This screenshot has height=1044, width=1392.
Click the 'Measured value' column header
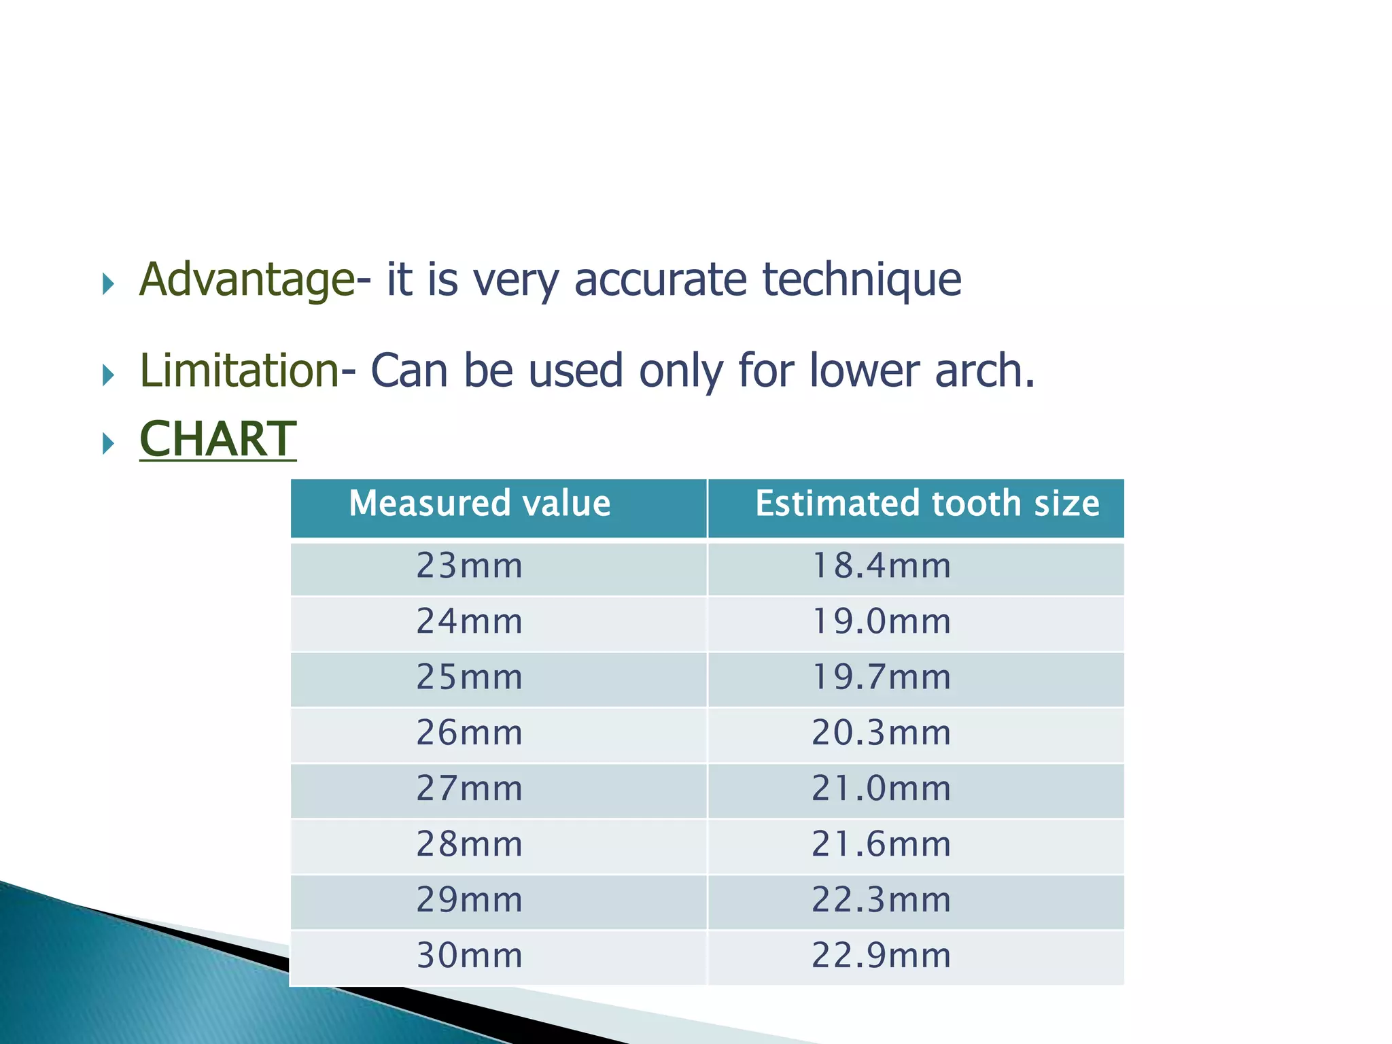[x=479, y=504]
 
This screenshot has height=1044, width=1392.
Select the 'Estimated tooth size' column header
[x=927, y=504]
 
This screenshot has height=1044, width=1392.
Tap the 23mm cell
[x=470, y=566]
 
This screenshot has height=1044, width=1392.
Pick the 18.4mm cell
[x=882, y=566]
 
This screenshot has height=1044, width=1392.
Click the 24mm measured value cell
[x=470, y=622]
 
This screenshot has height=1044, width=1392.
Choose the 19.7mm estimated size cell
[x=882, y=678]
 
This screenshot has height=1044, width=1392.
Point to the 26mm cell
[x=470, y=733]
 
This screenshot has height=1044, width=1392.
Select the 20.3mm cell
[x=882, y=733]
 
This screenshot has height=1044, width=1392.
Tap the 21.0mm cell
[x=882, y=789]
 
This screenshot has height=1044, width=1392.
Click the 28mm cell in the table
[x=470, y=845]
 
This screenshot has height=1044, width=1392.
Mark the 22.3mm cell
[x=882, y=901]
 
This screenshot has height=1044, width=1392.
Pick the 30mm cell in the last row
[x=470, y=956]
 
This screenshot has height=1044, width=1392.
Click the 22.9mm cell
[x=882, y=956]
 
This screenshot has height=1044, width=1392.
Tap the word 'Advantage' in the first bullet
[x=247, y=280]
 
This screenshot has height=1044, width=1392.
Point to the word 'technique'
[x=862, y=280]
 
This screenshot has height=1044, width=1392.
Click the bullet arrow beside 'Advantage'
[x=108, y=283]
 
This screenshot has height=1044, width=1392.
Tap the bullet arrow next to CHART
[x=108, y=444]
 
